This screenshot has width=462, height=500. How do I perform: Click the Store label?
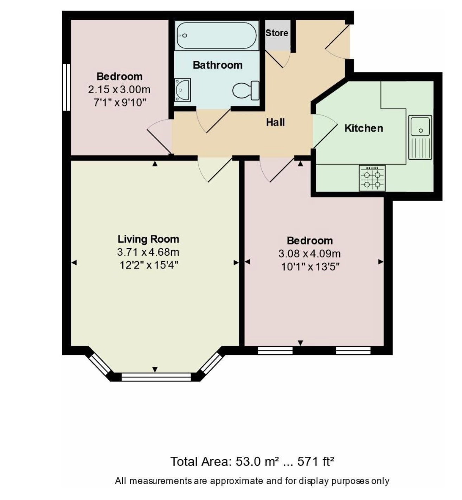pos(277,33)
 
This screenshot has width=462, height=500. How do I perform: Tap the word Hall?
pos(275,122)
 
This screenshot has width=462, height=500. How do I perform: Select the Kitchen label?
pos(364,128)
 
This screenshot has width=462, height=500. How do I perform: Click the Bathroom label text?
pos(218,65)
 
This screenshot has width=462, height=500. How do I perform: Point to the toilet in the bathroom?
pos(246,90)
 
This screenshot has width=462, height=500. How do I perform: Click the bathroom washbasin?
pos(182,90)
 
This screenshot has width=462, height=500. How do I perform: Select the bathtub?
pos(217,36)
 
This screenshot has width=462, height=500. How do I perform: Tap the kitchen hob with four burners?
pos(372,178)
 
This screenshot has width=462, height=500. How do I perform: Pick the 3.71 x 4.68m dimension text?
pos(148,252)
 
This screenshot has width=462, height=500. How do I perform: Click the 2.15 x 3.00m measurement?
pos(119,90)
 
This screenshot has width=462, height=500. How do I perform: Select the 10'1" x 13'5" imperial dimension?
pos(310,267)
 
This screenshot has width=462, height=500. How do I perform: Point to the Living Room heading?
pos(148,239)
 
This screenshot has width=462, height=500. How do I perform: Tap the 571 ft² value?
pos(316,462)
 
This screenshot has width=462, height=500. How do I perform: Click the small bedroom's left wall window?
pos(67,87)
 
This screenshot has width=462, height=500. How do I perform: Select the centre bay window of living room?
pos(156,377)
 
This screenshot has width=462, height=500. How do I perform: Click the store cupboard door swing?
pos(278,59)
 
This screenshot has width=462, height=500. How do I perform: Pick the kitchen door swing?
pos(325,131)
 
